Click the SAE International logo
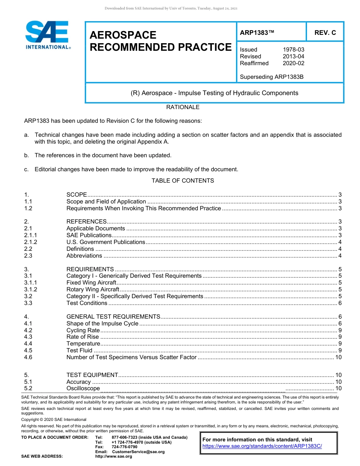[47, 35]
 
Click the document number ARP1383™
[257, 33]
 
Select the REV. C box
[325, 33]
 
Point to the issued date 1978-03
[293, 50]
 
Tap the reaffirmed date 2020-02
[293, 63]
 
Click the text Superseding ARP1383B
[272, 77]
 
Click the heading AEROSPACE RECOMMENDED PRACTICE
[160, 41]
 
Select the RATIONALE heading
[183, 107]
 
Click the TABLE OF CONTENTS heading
[183, 181]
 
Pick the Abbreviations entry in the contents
[84, 256]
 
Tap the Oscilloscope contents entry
[83, 388]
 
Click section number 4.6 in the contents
[28, 357]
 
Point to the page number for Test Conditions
[340, 303]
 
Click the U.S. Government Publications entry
[106, 242]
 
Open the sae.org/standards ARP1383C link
[262, 446]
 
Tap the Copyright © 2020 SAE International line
[54, 420]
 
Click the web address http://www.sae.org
[114, 457]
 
